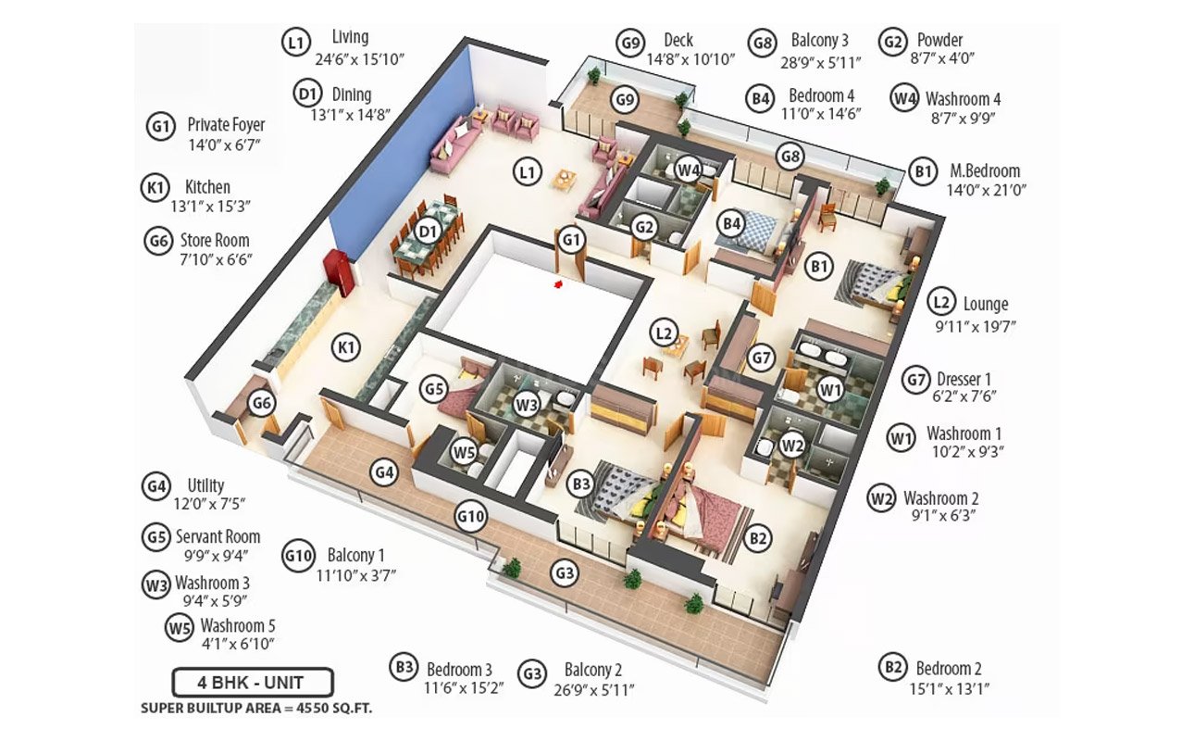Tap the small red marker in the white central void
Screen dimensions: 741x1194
[x=558, y=285]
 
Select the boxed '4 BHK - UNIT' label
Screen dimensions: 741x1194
[x=251, y=684]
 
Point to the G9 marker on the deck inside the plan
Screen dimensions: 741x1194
[x=626, y=100]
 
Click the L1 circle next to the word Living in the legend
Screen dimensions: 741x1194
[x=295, y=42]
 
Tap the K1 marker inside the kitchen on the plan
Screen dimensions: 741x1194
[x=346, y=347]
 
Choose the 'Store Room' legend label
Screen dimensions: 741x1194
[x=215, y=240]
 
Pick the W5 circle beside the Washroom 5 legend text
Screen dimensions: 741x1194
[x=179, y=627]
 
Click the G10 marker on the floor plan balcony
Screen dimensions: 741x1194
[x=470, y=517]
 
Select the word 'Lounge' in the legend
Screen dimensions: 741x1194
[x=986, y=304]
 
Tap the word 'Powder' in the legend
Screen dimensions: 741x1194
[x=939, y=40]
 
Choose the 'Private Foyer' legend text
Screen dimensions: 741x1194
[x=226, y=124]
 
